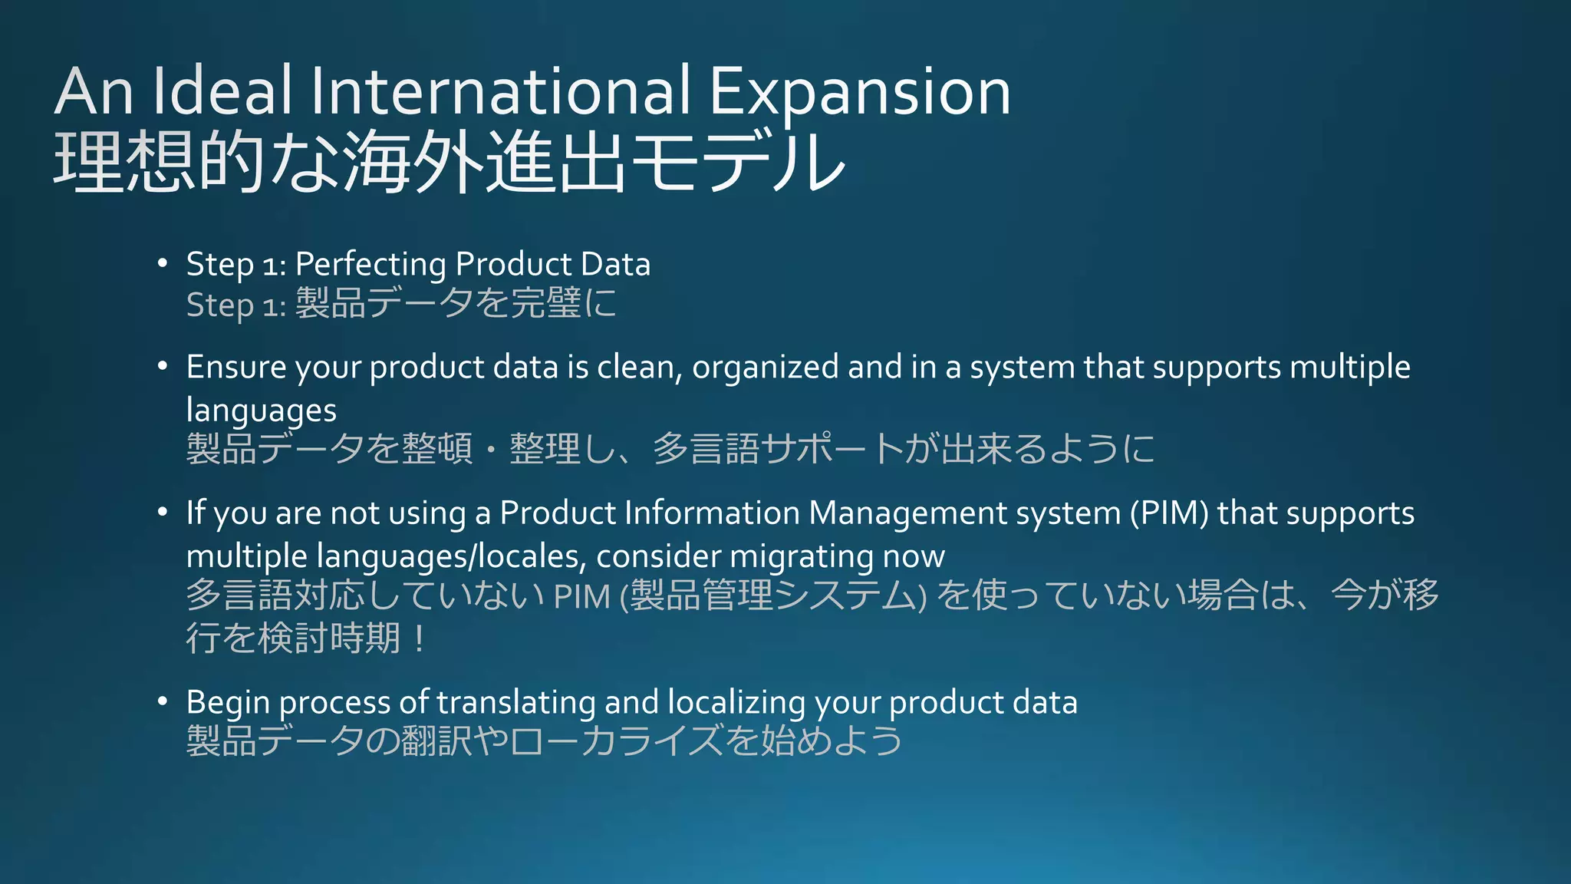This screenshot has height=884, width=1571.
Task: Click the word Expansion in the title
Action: tap(859, 92)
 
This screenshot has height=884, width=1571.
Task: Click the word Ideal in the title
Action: tap(222, 92)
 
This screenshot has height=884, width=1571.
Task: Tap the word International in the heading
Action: tap(500, 92)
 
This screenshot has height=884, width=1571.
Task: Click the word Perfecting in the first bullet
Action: tap(371, 265)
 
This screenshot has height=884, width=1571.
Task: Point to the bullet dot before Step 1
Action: tap(162, 263)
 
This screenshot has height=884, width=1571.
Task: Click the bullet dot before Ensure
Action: tap(162, 366)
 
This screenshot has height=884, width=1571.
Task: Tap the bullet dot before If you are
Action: tap(162, 512)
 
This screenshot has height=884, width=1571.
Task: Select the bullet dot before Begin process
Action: tap(162, 701)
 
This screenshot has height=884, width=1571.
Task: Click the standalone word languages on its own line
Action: tap(262, 411)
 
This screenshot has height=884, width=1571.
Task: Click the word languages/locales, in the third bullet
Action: tap(451, 556)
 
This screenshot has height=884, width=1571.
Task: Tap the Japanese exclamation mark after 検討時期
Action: tap(418, 638)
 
